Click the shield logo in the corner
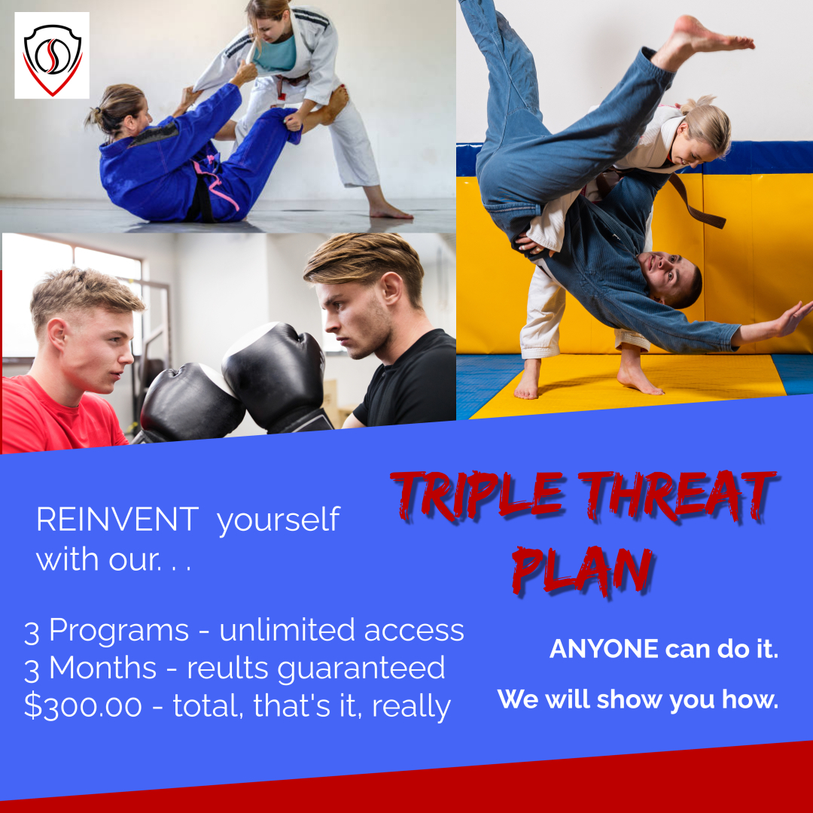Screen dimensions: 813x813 51,56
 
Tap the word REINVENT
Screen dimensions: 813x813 117,520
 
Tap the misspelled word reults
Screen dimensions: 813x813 225,668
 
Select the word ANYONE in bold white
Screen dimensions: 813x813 604,650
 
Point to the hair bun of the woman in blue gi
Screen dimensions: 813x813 93,117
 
